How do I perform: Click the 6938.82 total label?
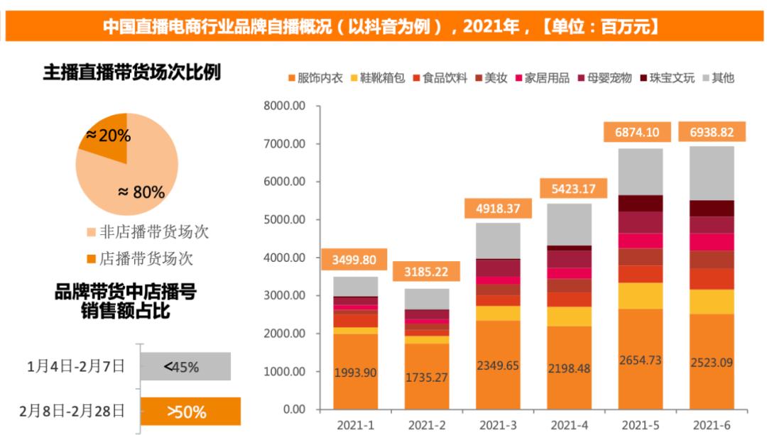(x=712, y=132)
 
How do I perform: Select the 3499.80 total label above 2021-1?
(x=354, y=260)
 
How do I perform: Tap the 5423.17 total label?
(x=573, y=189)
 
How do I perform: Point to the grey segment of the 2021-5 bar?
(x=641, y=172)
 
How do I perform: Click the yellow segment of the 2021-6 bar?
(x=712, y=302)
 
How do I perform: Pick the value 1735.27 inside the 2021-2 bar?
(x=426, y=378)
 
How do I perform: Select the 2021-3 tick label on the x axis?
(x=497, y=425)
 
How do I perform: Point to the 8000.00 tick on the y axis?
(x=284, y=106)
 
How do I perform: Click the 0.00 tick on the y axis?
(x=294, y=409)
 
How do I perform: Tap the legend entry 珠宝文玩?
(x=667, y=78)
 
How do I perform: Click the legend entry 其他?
(x=718, y=78)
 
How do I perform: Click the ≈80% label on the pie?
(x=141, y=192)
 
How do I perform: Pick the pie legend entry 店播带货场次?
(x=140, y=258)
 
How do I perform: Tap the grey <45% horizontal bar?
(x=185, y=367)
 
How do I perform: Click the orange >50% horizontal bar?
(x=190, y=411)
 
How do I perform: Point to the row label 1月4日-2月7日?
(x=76, y=367)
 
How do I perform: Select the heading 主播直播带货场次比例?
(x=132, y=72)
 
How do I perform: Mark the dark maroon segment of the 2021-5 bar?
(x=641, y=204)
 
